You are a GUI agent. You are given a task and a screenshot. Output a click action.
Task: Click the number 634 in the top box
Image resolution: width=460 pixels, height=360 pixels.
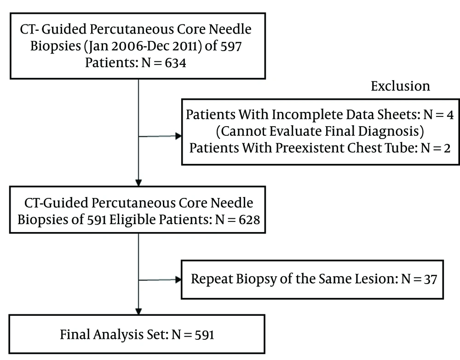click(x=175, y=63)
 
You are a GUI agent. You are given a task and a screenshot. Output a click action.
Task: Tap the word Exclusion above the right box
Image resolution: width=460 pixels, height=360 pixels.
click(x=401, y=86)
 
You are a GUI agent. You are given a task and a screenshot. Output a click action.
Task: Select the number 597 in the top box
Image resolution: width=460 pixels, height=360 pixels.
click(x=231, y=46)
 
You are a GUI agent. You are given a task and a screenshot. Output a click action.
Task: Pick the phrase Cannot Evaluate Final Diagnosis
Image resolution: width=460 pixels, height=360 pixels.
click(x=320, y=131)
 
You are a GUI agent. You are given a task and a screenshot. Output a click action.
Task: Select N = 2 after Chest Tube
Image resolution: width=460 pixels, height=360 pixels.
click(x=435, y=148)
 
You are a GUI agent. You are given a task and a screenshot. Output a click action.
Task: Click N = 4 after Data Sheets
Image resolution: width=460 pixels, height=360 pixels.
click(x=438, y=115)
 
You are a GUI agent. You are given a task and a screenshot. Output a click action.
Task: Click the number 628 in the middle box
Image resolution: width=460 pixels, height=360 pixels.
click(x=249, y=220)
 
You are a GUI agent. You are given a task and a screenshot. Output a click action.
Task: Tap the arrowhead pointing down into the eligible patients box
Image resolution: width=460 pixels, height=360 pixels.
click(x=138, y=183)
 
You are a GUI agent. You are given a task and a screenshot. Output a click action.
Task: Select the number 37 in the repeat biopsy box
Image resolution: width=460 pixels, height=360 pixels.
click(x=431, y=279)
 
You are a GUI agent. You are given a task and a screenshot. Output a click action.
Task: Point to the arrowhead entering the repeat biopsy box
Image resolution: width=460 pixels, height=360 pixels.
click(x=178, y=279)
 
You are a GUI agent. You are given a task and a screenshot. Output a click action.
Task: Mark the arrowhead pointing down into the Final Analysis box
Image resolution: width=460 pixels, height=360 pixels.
click(x=138, y=311)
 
